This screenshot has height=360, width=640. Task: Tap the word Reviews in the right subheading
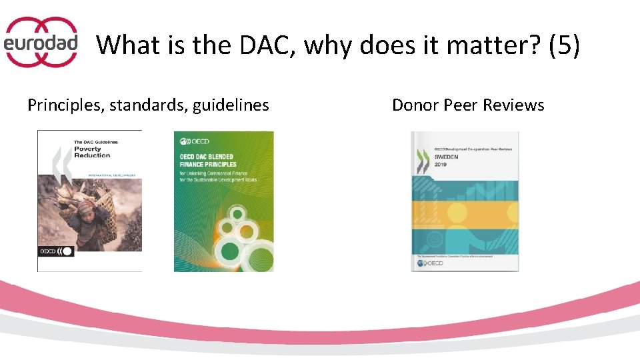[513, 105]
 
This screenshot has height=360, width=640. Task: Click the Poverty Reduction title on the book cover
[92, 152]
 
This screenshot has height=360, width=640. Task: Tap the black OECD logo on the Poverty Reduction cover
[56, 251]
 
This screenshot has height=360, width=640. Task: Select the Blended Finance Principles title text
[208, 161]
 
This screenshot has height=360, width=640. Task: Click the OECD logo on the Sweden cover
[430, 264]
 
